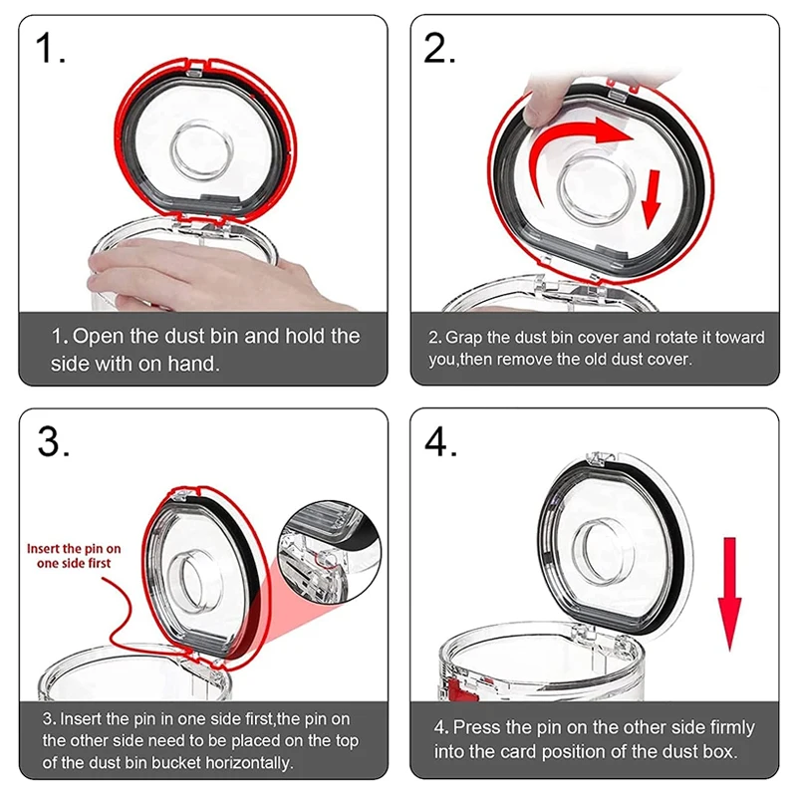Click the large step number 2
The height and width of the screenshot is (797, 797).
(438, 48)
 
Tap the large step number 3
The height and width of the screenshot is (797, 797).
(52, 442)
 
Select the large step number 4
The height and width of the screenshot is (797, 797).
(439, 442)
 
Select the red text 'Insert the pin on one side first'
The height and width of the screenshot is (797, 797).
(75, 556)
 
